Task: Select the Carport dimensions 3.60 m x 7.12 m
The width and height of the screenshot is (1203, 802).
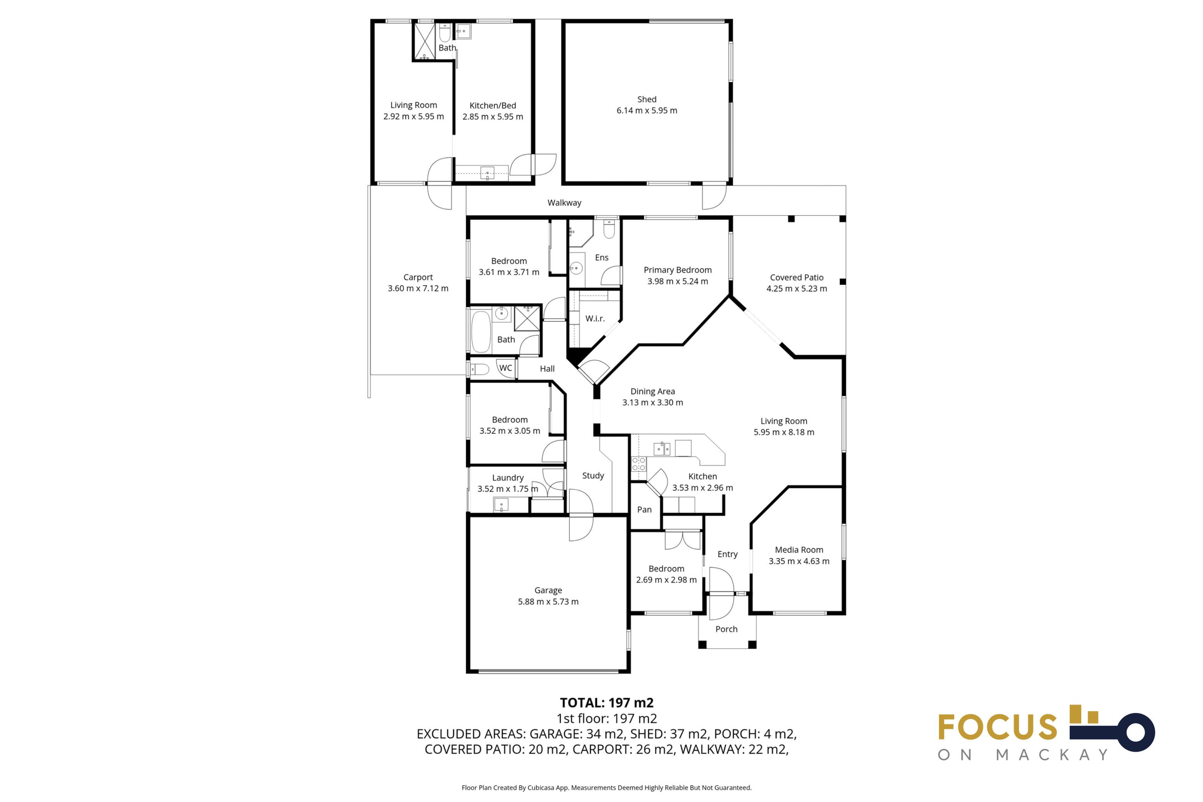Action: (x=418, y=288)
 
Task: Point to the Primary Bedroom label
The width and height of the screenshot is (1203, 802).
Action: (x=677, y=270)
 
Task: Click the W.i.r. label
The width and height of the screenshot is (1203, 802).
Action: (x=595, y=318)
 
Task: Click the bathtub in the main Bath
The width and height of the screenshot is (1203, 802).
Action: (x=481, y=332)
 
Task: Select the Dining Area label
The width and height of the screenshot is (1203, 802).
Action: (x=652, y=391)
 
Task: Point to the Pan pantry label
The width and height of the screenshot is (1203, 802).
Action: (x=644, y=509)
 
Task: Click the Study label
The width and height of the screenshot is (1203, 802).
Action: (x=593, y=476)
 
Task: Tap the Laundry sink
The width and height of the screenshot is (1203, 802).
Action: (x=501, y=505)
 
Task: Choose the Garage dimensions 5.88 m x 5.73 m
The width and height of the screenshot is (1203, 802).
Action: (x=548, y=601)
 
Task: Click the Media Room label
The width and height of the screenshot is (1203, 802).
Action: (x=799, y=550)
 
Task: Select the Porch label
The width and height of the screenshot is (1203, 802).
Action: (x=726, y=629)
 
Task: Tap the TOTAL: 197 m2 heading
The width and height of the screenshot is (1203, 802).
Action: (x=606, y=703)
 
